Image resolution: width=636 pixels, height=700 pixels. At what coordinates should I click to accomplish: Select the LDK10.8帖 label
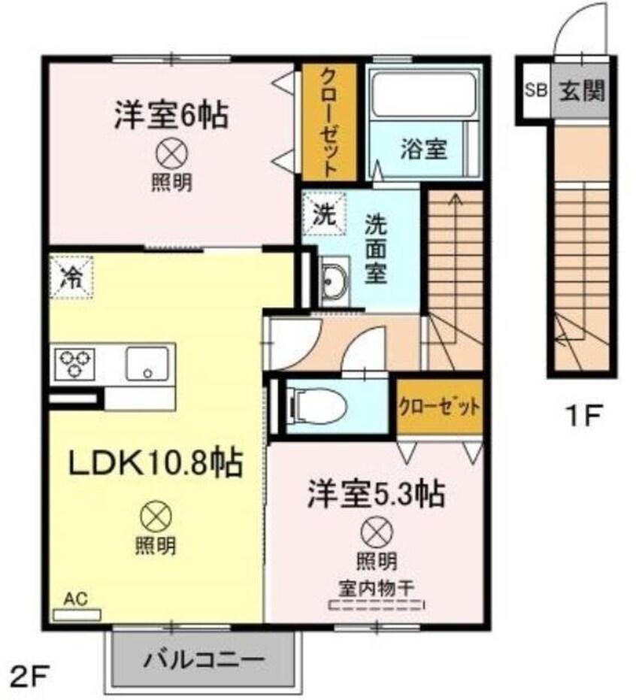(x=156, y=463)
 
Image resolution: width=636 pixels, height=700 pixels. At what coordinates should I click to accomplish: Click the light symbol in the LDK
(x=156, y=517)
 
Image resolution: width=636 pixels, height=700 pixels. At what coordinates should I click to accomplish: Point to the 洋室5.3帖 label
(x=375, y=494)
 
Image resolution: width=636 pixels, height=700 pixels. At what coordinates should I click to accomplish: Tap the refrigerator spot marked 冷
(x=71, y=277)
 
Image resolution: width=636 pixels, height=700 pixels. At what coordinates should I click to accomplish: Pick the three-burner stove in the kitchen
(x=73, y=363)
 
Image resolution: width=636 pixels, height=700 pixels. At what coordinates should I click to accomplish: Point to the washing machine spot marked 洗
(x=323, y=213)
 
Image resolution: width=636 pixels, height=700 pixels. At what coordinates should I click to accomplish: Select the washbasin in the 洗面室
(x=333, y=280)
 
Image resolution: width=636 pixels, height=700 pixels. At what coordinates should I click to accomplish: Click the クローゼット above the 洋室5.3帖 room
(x=438, y=407)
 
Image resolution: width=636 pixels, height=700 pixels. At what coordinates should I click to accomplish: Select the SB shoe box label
(x=535, y=91)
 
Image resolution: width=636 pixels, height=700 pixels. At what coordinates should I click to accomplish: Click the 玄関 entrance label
(x=580, y=91)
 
